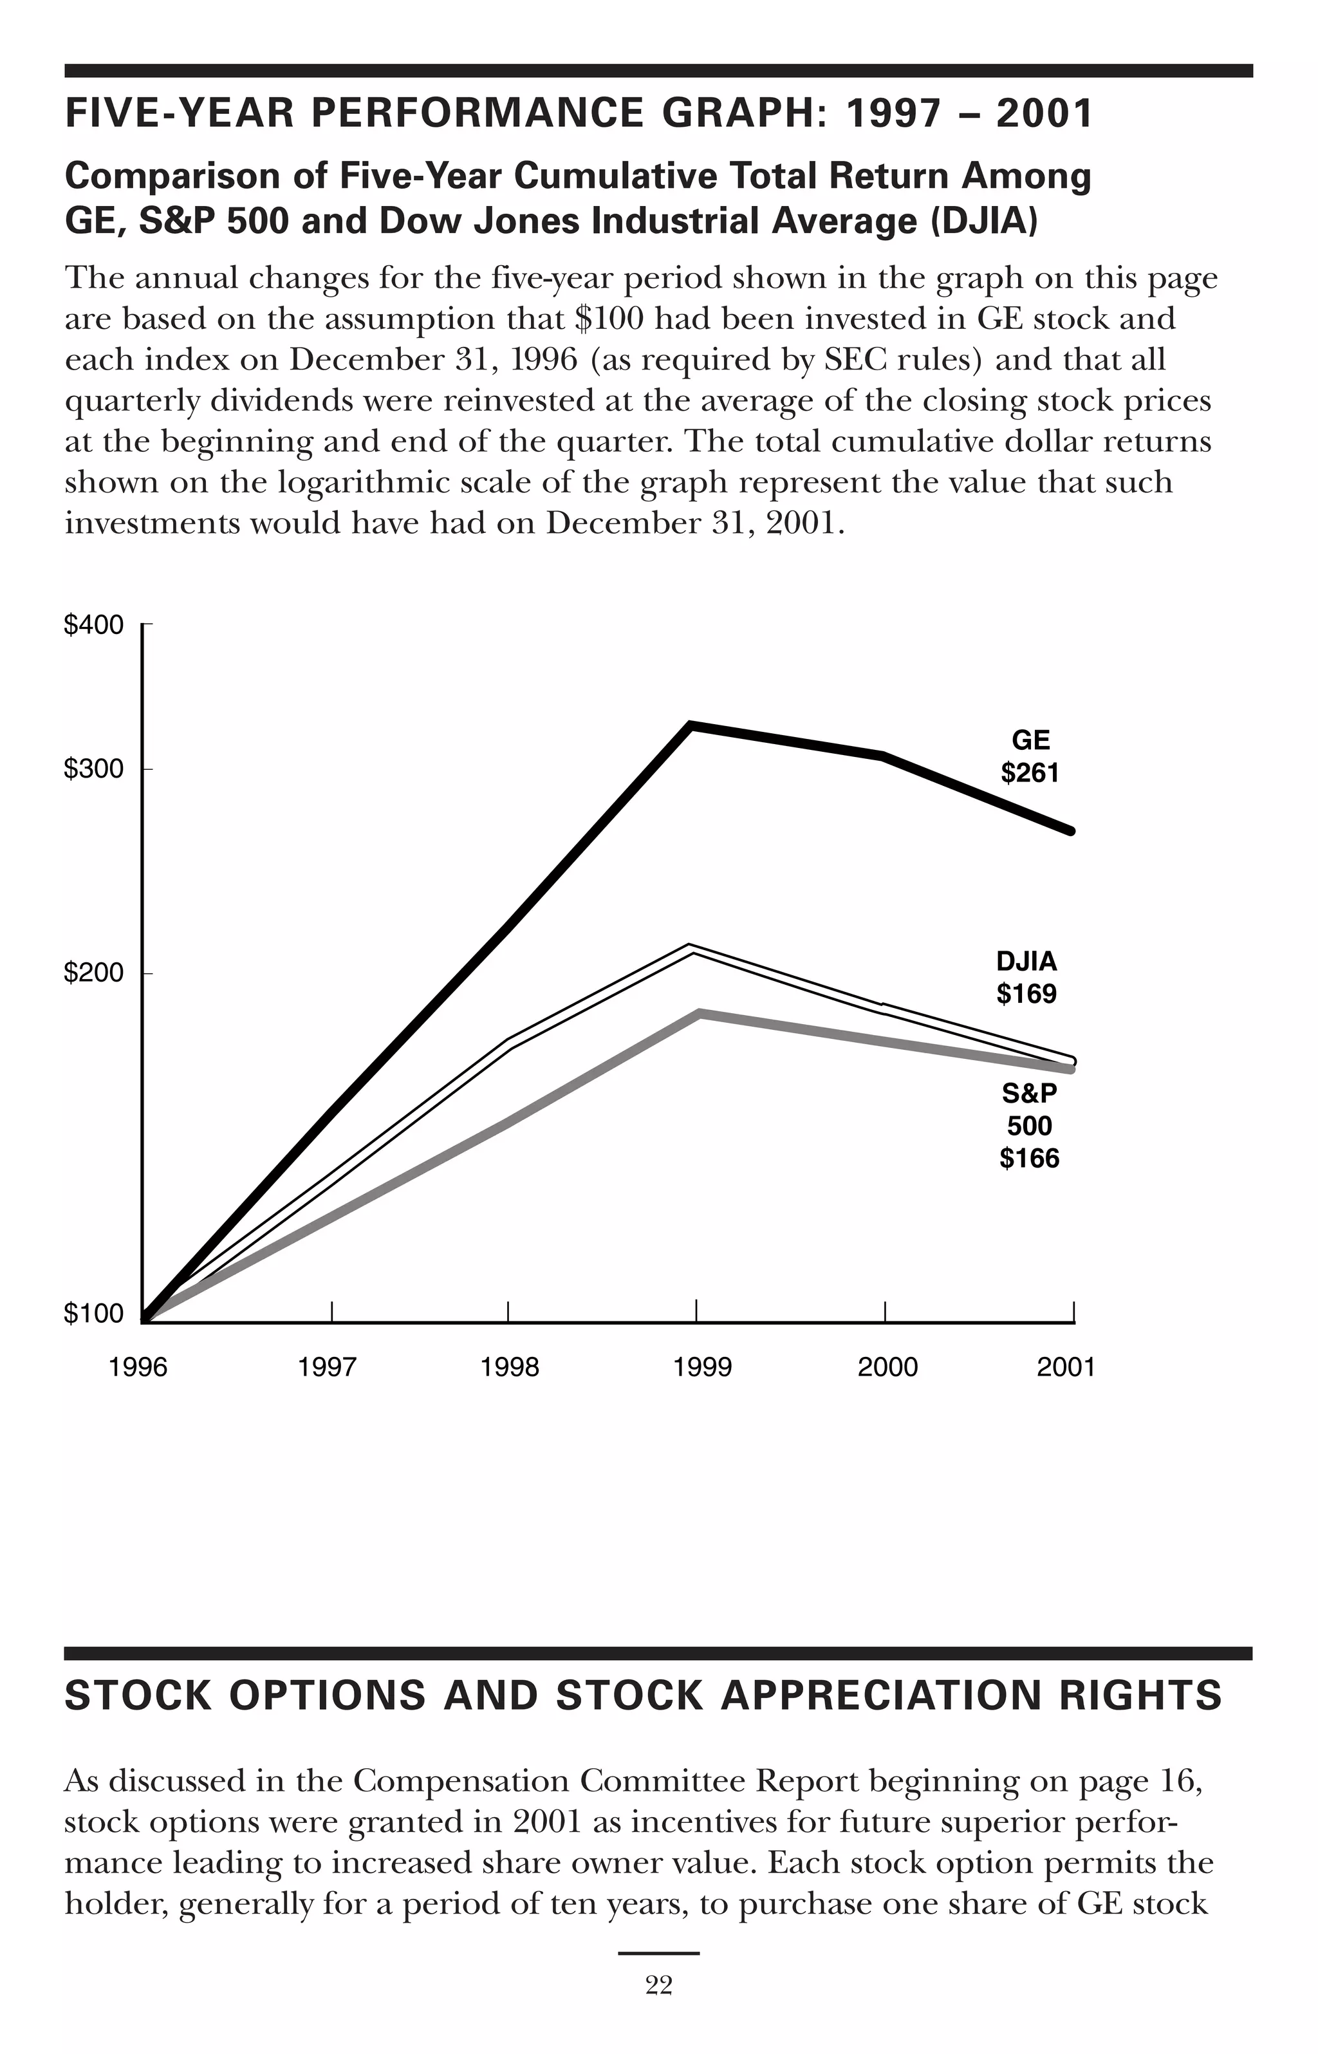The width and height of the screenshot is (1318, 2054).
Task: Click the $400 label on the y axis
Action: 93,626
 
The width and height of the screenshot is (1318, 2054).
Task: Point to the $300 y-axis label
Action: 93,769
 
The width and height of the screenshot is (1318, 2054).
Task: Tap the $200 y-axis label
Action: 93,973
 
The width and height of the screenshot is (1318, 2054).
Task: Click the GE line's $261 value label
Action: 1030,773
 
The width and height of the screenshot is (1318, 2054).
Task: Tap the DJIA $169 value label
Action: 1026,994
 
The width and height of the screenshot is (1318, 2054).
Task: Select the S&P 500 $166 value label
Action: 1029,1158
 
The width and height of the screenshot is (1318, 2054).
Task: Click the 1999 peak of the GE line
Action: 691,725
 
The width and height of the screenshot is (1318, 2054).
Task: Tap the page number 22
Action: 658,1986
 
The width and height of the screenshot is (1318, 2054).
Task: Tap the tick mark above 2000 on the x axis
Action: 885,1311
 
